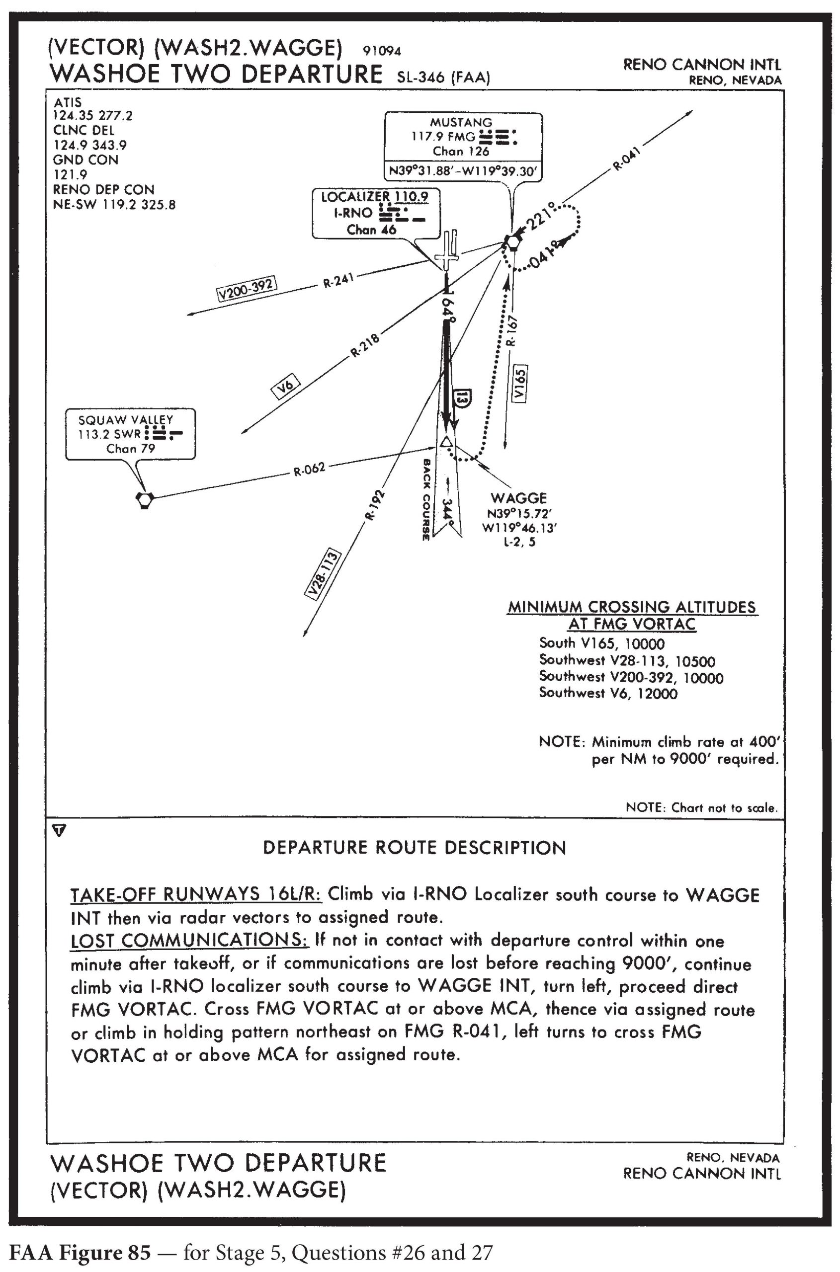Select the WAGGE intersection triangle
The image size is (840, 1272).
tap(446, 442)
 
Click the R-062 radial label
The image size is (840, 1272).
tap(309, 470)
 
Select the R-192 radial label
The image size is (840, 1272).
tap(374, 504)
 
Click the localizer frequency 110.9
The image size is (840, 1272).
tap(411, 197)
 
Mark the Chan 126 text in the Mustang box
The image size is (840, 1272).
tap(461, 152)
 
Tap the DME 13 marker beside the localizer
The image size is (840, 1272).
tap(463, 398)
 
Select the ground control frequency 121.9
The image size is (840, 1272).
tap(70, 174)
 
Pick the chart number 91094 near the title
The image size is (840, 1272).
tap(382, 51)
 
